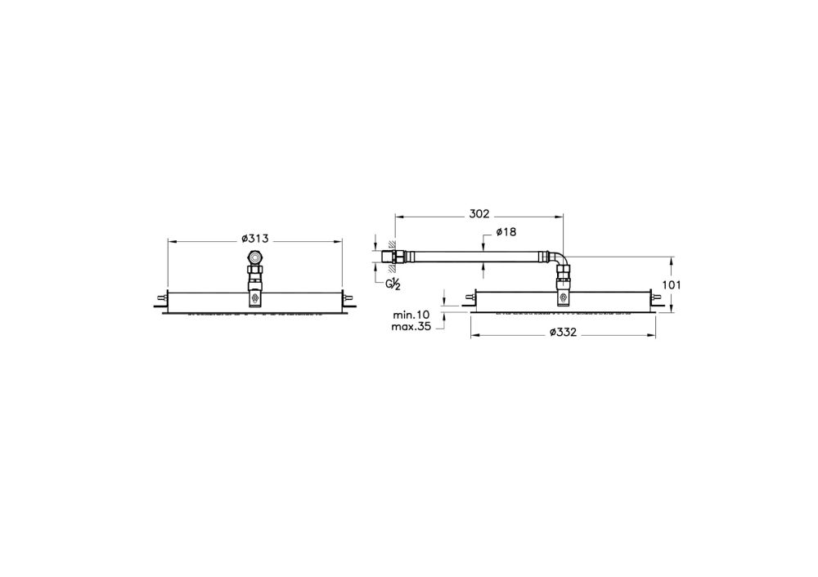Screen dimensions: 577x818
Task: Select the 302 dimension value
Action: (x=479, y=214)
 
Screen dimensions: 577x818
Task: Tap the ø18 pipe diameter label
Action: (x=506, y=233)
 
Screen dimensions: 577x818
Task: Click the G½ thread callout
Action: (x=393, y=283)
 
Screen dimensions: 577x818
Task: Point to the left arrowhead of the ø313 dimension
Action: (x=170, y=240)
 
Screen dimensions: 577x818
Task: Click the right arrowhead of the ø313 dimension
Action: (x=339, y=240)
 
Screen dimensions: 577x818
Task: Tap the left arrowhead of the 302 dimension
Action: (x=398, y=216)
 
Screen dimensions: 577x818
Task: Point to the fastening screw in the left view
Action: (x=255, y=300)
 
